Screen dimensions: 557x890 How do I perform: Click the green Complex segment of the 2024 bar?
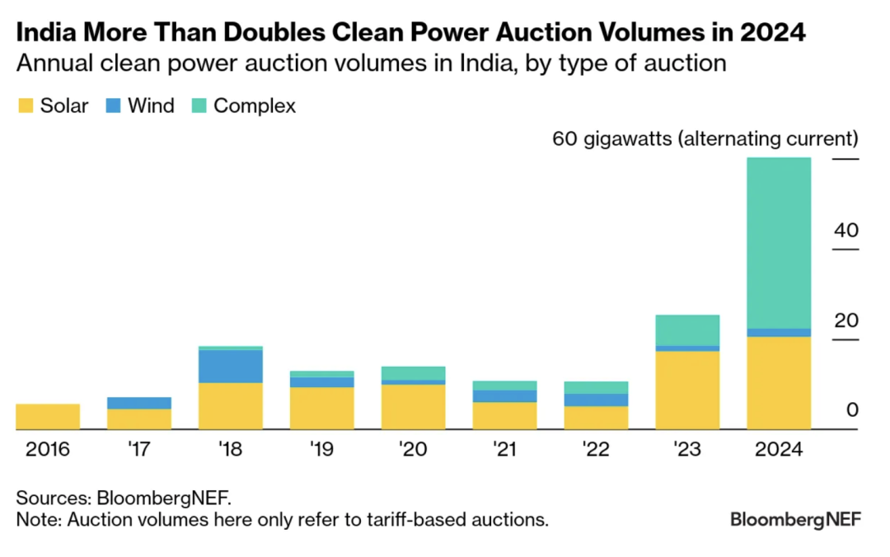[x=779, y=242]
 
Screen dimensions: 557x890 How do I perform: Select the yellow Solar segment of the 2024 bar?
[x=779, y=383]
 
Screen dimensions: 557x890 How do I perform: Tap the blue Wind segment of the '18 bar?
[x=231, y=367]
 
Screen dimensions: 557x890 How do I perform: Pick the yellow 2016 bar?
[x=48, y=417]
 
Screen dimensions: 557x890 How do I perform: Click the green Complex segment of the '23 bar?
[x=687, y=330]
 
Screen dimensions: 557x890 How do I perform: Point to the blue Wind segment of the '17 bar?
[x=139, y=403]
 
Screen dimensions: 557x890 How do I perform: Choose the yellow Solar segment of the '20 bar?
[x=414, y=407]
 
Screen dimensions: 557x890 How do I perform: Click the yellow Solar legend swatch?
[x=26, y=105]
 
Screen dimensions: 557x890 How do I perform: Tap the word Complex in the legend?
[x=255, y=105]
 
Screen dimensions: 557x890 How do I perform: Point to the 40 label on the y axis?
[x=845, y=231]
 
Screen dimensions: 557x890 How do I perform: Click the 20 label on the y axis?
[x=845, y=321]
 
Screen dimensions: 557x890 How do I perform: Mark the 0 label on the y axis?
[x=852, y=410]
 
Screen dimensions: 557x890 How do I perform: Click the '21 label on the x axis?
[x=504, y=450]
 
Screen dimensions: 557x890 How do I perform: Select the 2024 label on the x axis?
[x=779, y=450]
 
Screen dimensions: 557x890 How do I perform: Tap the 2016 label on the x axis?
[x=48, y=450]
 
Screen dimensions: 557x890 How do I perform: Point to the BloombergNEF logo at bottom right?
[x=795, y=520]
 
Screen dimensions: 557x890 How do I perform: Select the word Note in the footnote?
[x=37, y=520]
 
